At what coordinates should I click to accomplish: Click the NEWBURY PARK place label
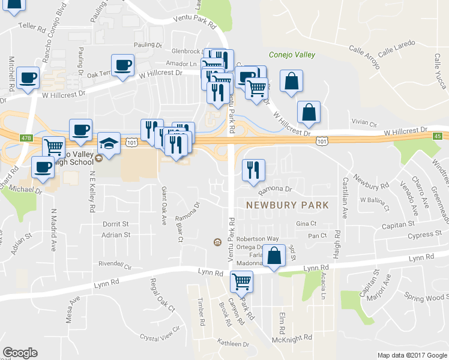coord(288,205)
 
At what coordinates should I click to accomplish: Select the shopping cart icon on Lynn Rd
coord(241,281)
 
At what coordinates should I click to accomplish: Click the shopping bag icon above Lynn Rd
coord(274,256)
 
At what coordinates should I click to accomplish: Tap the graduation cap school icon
coord(109,143)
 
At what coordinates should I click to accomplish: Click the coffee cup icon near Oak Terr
coord(122,65)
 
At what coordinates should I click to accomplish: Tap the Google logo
coord(20,353)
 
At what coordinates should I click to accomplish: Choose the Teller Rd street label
coord(32,27)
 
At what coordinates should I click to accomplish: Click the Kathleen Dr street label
coord(233,344)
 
